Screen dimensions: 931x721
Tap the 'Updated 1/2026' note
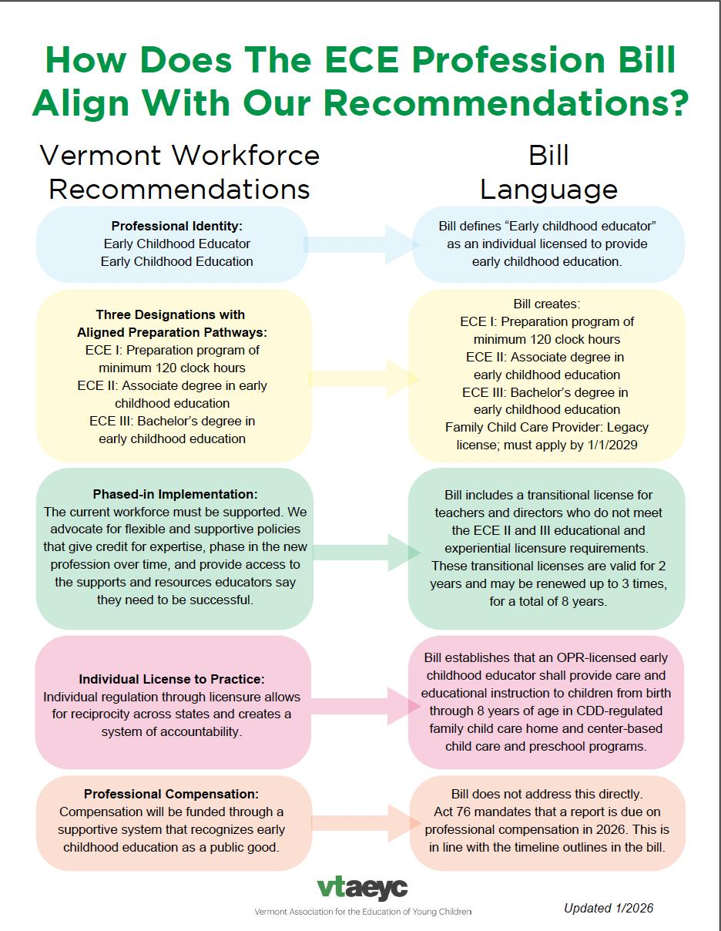608,908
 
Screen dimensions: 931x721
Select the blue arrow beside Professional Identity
360,244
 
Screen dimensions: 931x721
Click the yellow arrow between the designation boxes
360,378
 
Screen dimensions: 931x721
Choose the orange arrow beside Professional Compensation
360,822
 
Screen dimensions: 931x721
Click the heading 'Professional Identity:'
176,226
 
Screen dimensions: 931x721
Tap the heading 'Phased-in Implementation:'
175,493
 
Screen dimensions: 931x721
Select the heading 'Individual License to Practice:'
171,679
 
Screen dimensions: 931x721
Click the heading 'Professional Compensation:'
171,794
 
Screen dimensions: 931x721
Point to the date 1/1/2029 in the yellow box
609,445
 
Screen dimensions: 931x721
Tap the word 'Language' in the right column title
548,190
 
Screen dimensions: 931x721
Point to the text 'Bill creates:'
547,304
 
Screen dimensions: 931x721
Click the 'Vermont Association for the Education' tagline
362,913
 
